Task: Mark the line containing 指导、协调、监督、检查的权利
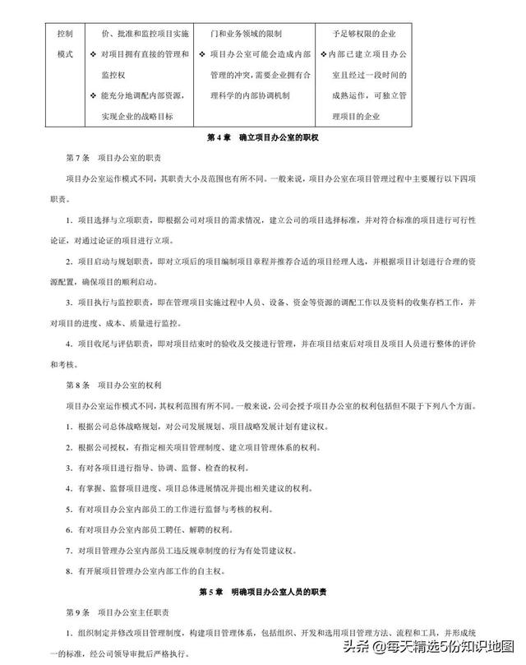click(x=164, y=467)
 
